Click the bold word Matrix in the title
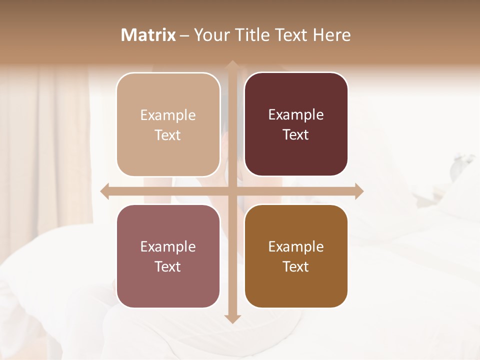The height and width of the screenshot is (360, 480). click(148, 35)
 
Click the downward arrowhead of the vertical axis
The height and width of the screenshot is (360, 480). click(232, 318)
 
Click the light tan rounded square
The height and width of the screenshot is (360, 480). click(168, 124)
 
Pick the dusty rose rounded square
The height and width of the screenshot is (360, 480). click(168, 256)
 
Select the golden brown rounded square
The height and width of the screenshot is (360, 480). click(296, 256)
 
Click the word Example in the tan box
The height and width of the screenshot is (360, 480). click(168, 115)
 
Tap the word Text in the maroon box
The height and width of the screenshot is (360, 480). click(296, 135)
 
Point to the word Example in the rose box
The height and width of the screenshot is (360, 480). click(168, 247)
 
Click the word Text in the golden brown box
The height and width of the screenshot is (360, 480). click(296, 266)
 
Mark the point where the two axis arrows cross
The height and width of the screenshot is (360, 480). click(232, 191)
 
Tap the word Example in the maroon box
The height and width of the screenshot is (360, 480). click(296, 115)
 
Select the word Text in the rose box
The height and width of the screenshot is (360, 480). click(168, 266)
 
